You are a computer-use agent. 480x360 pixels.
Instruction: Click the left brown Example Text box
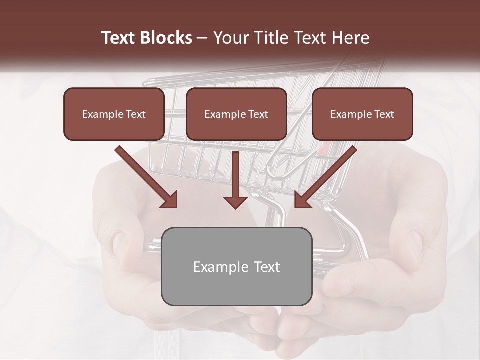coord(114,114)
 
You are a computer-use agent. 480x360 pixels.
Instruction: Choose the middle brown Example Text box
coord(236,114)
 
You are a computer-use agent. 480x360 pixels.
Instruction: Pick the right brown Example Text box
coord(362,114)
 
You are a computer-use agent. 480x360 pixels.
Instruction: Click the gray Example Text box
coord(236,266)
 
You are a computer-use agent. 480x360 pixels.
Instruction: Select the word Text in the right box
coord(384,114)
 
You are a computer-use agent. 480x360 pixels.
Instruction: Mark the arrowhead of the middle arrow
coord(235,201)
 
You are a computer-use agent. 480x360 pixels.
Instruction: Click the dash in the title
coord(202,38)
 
